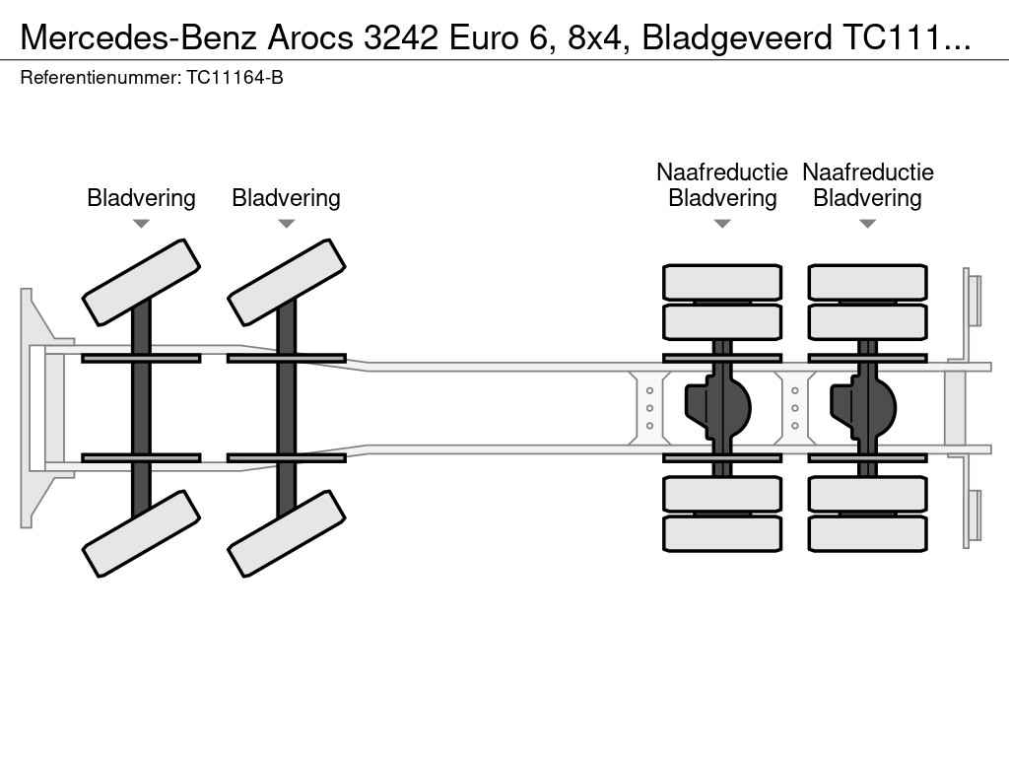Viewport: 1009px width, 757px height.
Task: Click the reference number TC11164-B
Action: coord(235,78)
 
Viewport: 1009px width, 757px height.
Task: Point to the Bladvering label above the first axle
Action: coord(141,198)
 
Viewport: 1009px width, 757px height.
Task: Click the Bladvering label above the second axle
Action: coord(286,198)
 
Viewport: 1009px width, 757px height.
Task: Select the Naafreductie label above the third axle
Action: coord(722,172)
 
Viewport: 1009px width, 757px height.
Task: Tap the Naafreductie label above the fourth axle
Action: coord(868,172)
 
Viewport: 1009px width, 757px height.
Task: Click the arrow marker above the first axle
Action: coord(141,224)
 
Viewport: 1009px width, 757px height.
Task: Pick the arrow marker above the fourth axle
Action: coord(868,224)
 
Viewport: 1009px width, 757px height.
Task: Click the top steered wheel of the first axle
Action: coord(141,282)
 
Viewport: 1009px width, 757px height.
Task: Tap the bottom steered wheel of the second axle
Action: coord(287,533)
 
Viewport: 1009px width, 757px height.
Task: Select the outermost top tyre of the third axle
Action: coord(722,282)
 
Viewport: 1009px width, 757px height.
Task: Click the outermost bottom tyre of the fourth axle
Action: coord(868,533)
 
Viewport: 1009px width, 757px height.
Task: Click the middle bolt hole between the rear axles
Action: coord(795,408)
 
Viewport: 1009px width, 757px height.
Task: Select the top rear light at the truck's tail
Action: coord(974,300)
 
